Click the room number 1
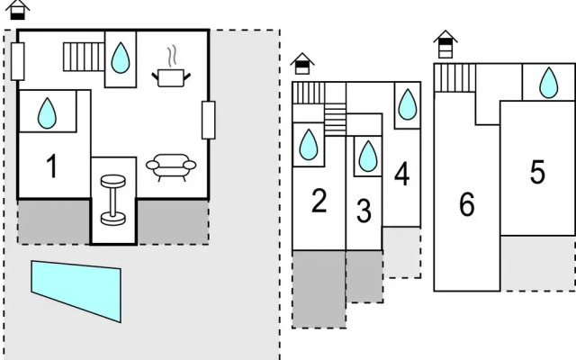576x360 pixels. pos(52,166)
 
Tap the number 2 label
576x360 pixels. pos(319,202)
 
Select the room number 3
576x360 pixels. pos(364,211)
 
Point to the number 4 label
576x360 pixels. pos(401,175)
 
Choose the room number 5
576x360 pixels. pos(537,172)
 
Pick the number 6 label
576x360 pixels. pos(466,205)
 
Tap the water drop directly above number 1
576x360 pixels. pos(48,112)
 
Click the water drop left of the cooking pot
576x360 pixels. pos(120,58)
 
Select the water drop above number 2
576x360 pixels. pos(309,143)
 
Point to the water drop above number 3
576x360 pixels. pos(367,156)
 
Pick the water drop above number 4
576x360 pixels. pos(408,103)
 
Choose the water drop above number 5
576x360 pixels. pos(548,84)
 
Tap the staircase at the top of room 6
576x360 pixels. pos(454,77)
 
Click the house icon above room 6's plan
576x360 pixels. pos(444,44)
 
